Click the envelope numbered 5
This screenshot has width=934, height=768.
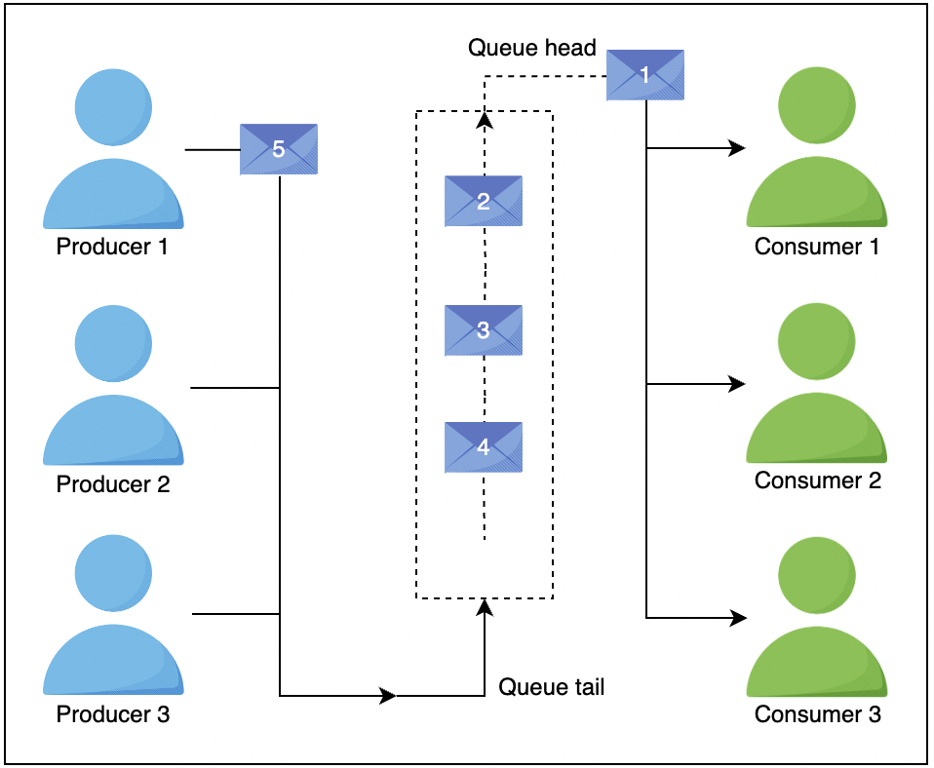click(279, 149)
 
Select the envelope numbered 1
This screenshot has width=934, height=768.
click(644, 74)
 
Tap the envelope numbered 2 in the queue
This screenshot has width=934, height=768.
click(484, 202)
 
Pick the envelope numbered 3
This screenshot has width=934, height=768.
click(484, 330)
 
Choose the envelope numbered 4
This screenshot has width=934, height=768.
click(484, 447)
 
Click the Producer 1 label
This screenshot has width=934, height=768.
click(112, 247)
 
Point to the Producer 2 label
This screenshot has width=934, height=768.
click(113, 483)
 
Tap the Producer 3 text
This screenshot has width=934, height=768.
click(113, 714)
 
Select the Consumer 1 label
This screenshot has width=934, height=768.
click(817, 247)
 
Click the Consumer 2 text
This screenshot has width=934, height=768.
click(818, 480)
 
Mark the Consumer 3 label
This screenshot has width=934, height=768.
click(818, 714)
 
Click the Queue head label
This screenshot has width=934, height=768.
click(531, 48)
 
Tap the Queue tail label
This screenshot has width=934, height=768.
click(552, 687)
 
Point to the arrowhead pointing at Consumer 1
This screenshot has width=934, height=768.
click(738, 149)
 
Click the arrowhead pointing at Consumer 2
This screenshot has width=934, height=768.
click(738, 385)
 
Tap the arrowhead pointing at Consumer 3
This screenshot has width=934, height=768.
click(738, 618)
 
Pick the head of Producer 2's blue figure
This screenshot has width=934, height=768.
click(113, 345)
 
